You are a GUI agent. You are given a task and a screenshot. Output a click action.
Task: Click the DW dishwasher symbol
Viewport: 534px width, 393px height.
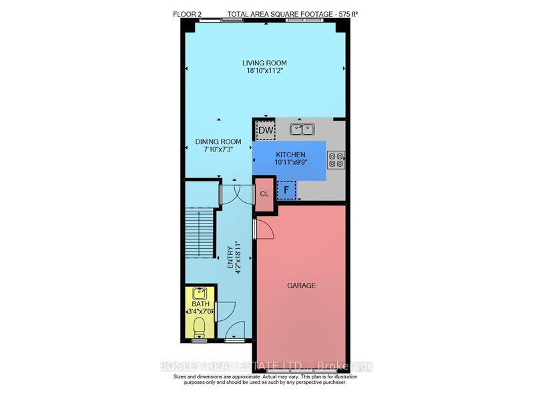coord(266,130)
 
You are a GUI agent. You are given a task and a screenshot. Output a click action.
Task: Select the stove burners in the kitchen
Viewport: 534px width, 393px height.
coord(336,160)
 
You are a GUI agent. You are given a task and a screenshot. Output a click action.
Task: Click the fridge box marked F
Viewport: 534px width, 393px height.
coord(287,190)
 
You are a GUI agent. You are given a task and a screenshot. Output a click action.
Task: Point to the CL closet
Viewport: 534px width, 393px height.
coord(264,194)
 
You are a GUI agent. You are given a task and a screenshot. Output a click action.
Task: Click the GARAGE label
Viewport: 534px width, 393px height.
coord(302,286)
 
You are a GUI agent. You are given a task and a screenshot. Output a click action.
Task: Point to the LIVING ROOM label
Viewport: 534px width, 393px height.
coord(264,63)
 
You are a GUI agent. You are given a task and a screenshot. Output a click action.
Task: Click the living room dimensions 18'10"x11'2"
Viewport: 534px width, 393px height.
coord(264,72)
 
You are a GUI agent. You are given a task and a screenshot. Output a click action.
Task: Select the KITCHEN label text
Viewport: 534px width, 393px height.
coord(290,154)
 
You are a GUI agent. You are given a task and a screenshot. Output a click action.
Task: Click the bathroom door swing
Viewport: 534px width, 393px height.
coord(226,310)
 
